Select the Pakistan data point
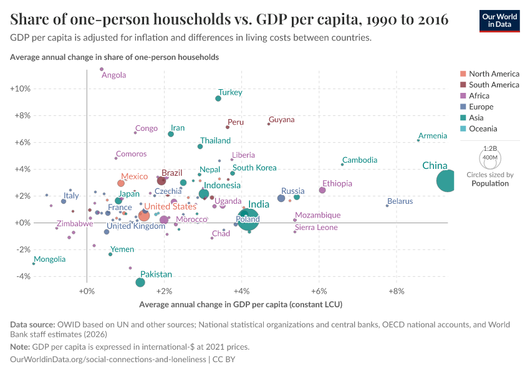point(140,282)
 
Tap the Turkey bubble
point(218,98)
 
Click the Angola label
point(113,75)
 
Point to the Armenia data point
point(418,140)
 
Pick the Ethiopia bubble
point(322,190)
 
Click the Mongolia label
point(49,259)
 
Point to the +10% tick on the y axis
point(20,89)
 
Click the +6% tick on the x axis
point(319,290)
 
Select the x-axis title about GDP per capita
point(241,305)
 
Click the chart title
point(229,20)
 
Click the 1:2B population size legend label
point(489,150)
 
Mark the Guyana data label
point(281,120)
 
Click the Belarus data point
point(387,206)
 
